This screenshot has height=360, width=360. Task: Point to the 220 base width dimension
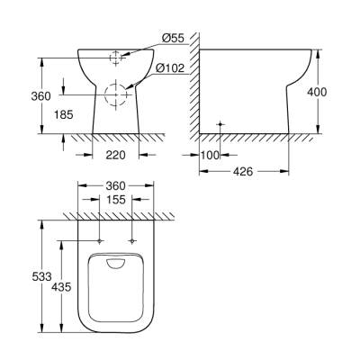click(x=114, y=154)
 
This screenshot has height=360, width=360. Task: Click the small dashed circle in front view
click(x=114, y=57)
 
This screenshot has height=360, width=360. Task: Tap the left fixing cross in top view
click(x=97, y=240)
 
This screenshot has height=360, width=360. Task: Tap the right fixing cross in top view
click(x=132, y=240)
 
